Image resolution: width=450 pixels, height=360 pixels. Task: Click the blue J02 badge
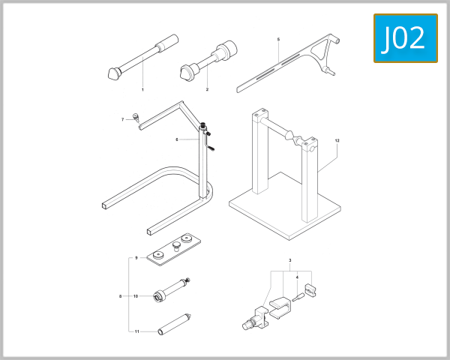(405, 38)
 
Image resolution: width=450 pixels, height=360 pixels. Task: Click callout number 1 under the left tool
(142, 89)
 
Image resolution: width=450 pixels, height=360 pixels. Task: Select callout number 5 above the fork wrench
(278, 39)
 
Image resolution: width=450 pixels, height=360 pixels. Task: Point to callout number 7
(123, 119)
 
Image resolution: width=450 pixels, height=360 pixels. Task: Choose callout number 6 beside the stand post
(177, 139)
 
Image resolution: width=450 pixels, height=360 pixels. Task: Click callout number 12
(337, 140)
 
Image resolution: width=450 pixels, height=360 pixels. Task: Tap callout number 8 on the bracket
(120, 296)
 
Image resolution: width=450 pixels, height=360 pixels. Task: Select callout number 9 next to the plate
(136, 258)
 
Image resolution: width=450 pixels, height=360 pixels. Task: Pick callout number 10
(136, 296)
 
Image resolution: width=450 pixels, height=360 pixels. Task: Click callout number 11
(136, 331)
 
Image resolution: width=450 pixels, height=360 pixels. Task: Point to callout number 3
(289, 260)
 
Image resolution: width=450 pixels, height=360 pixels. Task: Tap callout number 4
(297, 277)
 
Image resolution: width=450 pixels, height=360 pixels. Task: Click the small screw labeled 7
(136, 116)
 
